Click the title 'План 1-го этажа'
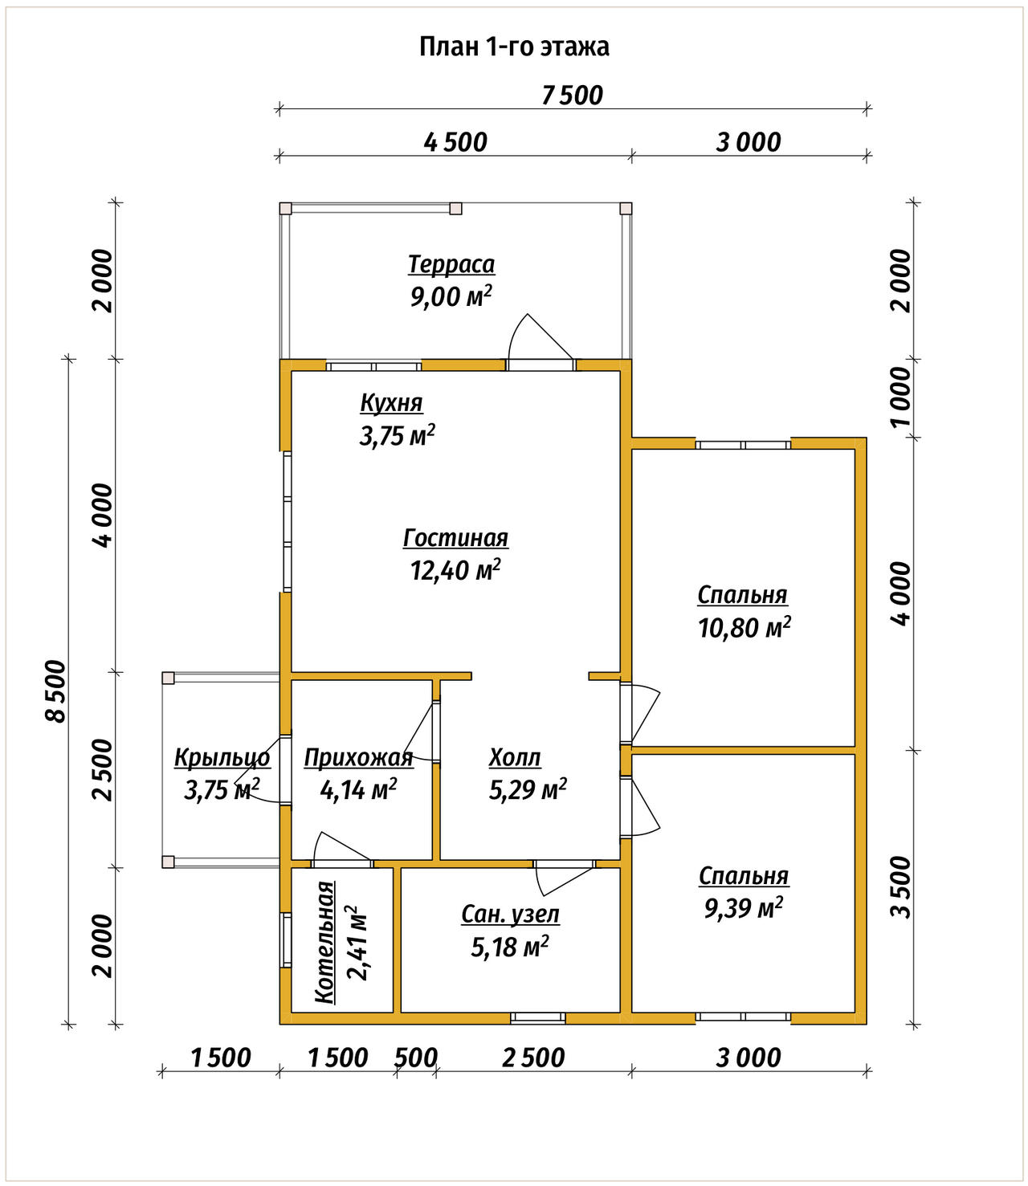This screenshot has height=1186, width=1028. pos(514,47)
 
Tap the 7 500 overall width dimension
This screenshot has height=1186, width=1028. pos(573,96)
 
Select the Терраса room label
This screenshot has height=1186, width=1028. pos(451,264)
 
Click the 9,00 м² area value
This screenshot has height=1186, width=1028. pos(451,296)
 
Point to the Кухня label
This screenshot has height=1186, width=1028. pos(391,403)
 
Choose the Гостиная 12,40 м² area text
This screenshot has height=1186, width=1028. pos(455,570)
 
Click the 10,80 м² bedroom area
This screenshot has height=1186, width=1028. pos(744,628)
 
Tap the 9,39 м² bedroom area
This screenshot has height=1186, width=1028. pos(744,908)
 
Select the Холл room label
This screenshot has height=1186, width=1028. pos(515,758)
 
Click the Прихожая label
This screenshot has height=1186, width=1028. pos(359,758)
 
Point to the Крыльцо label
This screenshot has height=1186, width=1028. pos(222,758)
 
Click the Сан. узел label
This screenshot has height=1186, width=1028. pos(510,915)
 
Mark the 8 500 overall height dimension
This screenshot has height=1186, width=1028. pos(56,691)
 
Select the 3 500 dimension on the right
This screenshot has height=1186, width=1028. pos(902,887)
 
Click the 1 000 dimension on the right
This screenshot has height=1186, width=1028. pos(902,397)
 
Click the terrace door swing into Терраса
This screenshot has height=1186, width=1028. pos(541,336)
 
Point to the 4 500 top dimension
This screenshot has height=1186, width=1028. pos(455,142)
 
